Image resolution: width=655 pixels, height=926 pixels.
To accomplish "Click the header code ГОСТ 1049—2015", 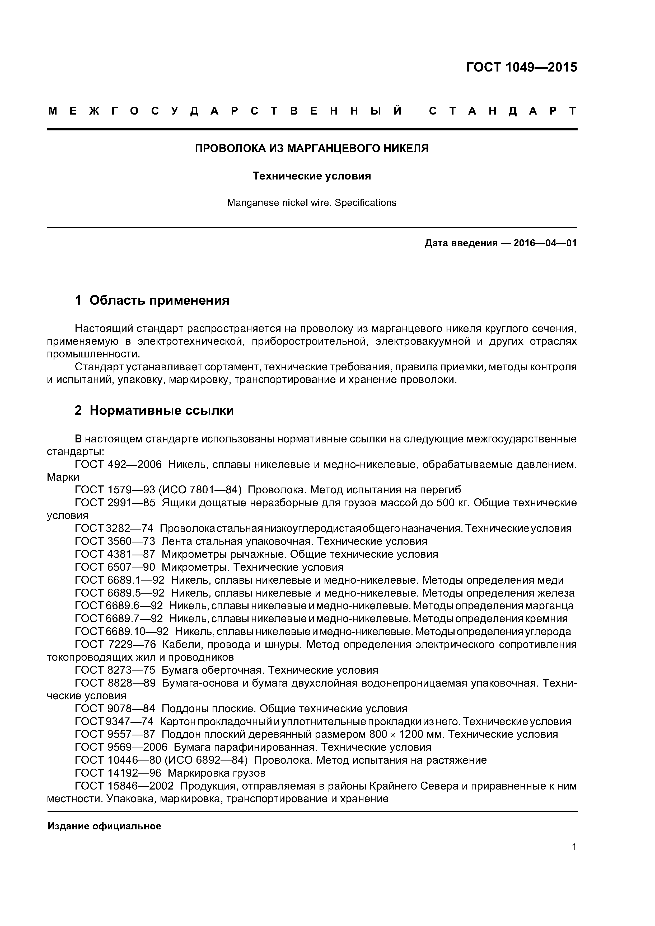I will click(521, 67).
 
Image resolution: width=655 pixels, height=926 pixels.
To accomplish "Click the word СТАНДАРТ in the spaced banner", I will click(502, 111).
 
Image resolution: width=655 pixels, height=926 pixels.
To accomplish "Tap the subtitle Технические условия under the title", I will click(312, 176).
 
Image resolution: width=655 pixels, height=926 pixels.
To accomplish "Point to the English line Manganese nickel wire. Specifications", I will click(312, 202).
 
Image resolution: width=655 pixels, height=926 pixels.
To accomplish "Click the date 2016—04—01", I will click(545, 243).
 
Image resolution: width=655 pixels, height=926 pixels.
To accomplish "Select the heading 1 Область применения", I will click(152, 300).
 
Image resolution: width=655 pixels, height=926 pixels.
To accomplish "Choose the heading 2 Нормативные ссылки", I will click(154, 410).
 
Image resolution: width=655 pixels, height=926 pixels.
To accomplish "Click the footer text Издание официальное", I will click(104, 826).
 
